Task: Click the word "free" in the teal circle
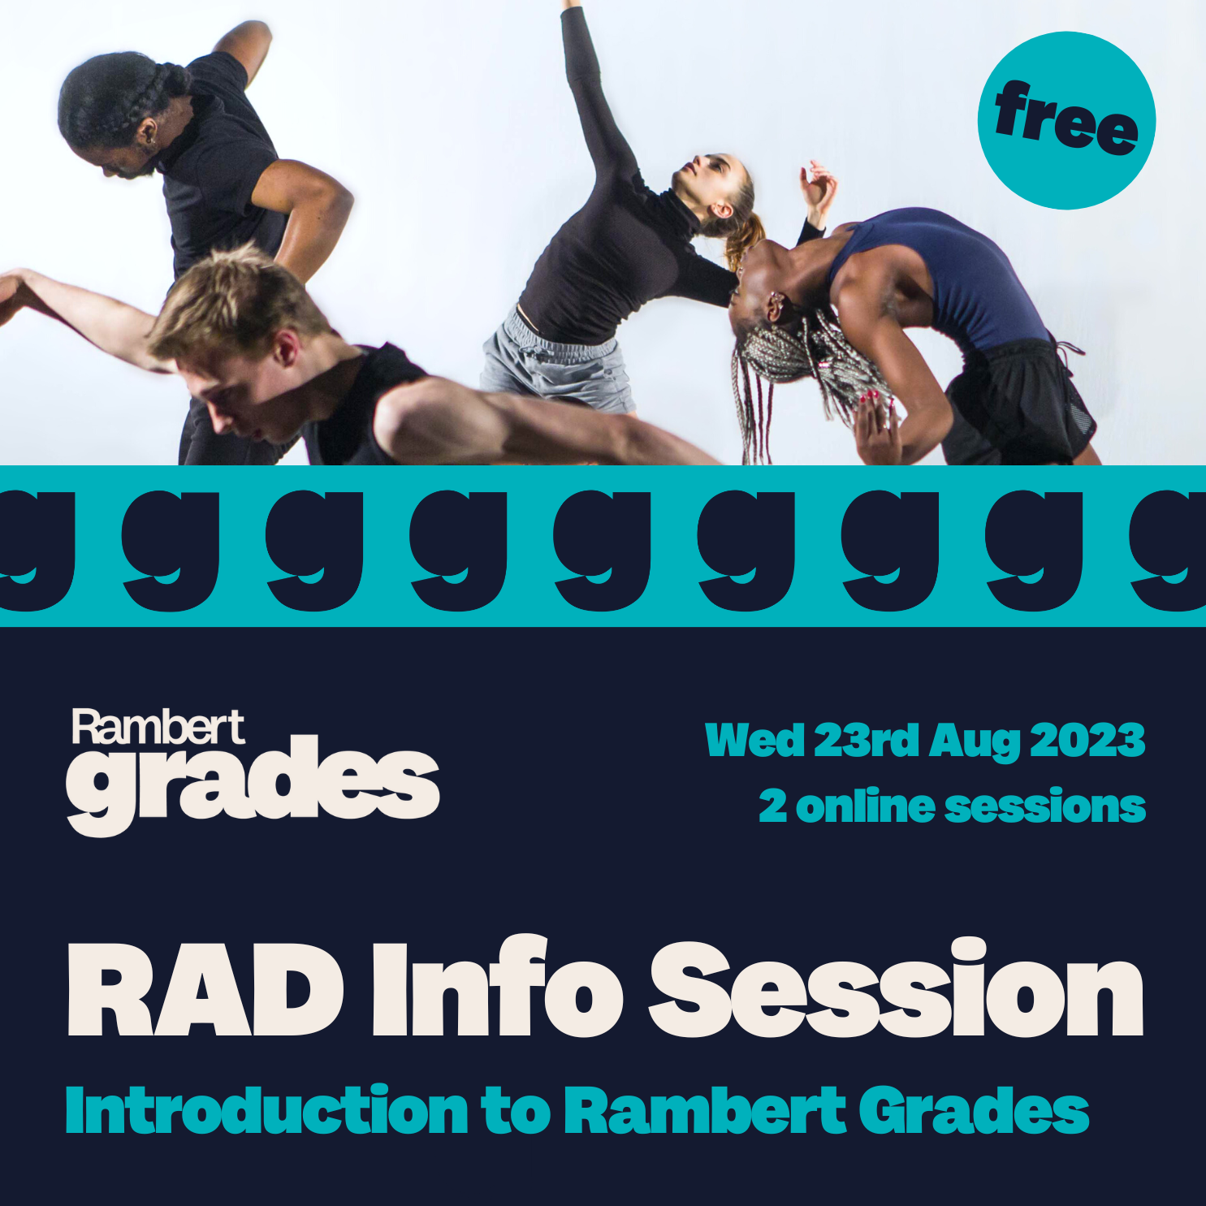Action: coord(1066,120)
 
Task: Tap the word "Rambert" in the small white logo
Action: coord(158,727)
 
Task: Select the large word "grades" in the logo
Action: coord(253,784)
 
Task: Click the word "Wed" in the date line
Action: coord(754,741)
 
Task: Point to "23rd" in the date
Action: coord(866,741)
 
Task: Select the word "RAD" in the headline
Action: coord(205,992)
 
